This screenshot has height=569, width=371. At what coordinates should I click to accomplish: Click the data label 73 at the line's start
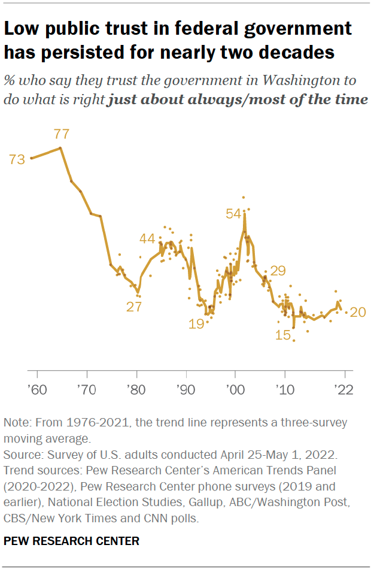(x=17, y=159)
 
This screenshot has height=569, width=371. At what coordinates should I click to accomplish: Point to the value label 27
(x=134, y=307)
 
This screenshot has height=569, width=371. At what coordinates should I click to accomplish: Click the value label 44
(x=147, y=238)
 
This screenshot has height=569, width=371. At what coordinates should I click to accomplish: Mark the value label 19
(x=196, y=324)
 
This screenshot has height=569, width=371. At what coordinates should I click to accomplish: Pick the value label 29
(x=278, y=271)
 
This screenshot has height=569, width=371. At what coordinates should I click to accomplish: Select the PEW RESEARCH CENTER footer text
(x=71, y=541)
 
